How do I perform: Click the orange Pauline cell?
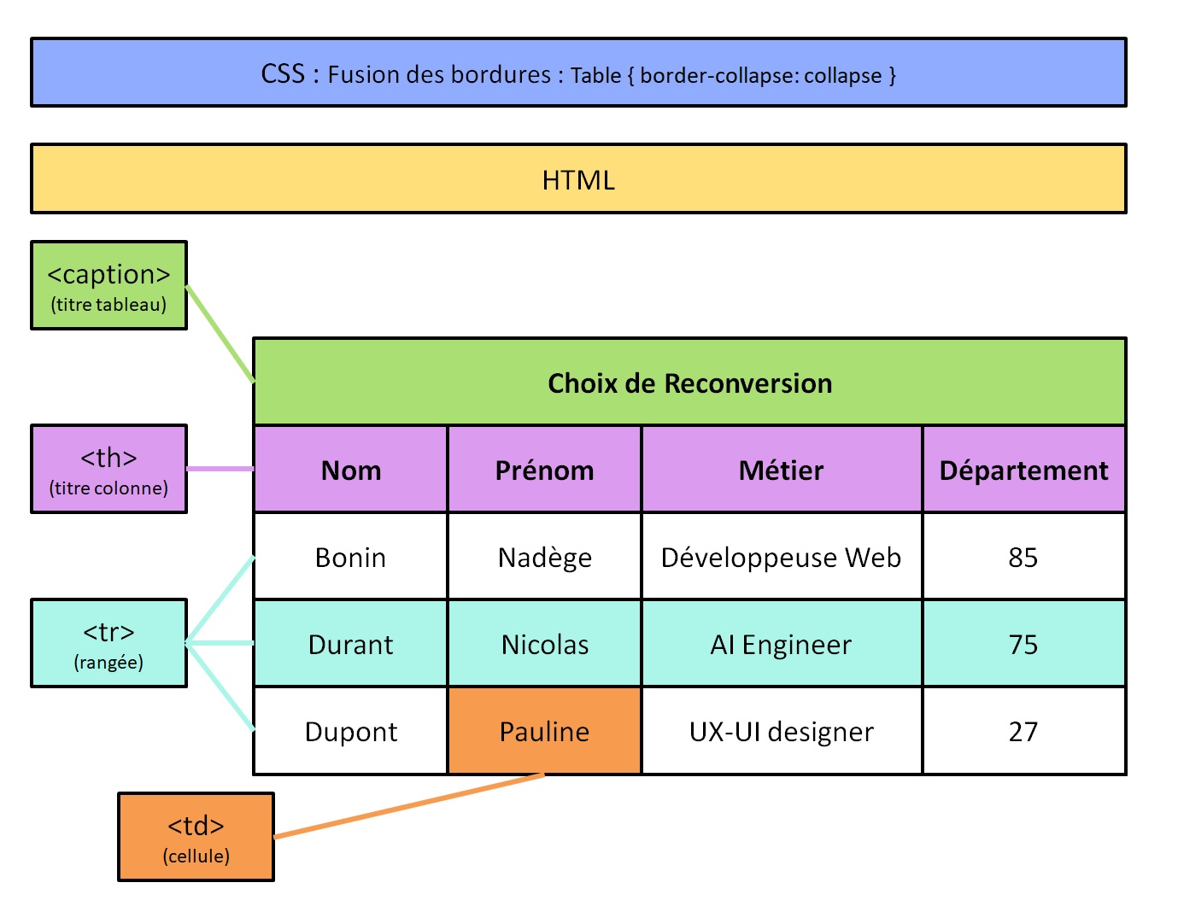point(544,731)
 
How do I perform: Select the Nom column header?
point(350,470)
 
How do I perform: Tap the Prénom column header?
point(544,470)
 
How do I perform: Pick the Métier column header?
point(781,470)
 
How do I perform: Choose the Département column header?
point(1023,470)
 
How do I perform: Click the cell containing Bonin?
point(350,557)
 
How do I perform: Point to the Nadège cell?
point(544,557)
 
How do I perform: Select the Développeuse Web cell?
point(781,557)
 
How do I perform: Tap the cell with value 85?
point(1023,557)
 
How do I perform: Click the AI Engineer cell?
point(781,644)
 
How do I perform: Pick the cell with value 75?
point(1023,644)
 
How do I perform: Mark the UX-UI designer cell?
point(781,731)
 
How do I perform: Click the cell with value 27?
point(1023,731)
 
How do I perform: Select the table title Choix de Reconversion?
point(689,383)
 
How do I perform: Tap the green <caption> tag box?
point(108,285)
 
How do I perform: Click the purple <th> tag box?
point(108,469)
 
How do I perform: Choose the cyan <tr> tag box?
point(108,643)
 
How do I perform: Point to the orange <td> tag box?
point(196,837)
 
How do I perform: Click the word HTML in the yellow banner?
point(578,179)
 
